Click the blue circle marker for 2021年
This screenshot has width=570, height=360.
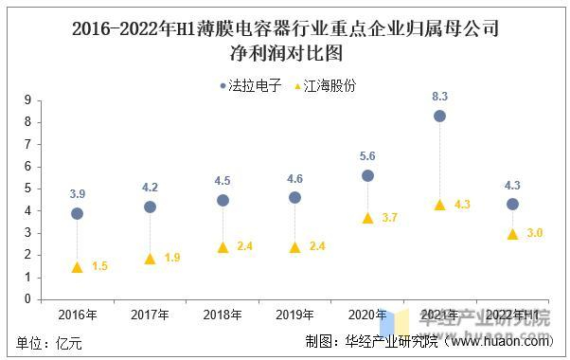pyautogui.click(x=439, y=116)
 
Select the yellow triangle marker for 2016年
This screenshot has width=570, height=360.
pyautogui.click(x=77, y=267)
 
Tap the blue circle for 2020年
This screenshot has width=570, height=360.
pyautogui.click(x=367, y=175)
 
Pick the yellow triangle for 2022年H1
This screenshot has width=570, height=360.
pyautogui.click(x=512, y=234)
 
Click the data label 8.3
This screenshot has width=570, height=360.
pyautogui.click(x=439, y=96)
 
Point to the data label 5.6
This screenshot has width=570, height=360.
pyautogui.click(x=367, y=155)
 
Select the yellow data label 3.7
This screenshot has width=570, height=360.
pyautogui.click(x=389, y=218)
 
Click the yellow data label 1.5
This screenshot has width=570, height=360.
pyautogui.click(x=99, y=267)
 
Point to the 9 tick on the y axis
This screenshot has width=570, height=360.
pyautogui.click(x=28, y=99)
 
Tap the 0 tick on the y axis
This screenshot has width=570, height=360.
pyautogui.click(x=28, y=298)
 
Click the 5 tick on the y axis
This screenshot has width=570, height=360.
pyautogui.click(x=28, y=188)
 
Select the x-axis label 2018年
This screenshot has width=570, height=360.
pyautogui.click(x=223, y=315)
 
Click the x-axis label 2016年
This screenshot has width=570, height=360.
pyautogui.click(x=77, y=315)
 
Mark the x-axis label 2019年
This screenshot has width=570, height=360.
pyautogui.click(x=294, y=315)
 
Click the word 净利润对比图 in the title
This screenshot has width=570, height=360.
pyautogui.click(x=285, y=51)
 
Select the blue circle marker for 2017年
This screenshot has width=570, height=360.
pyautogui.click(x=150, y=207)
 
